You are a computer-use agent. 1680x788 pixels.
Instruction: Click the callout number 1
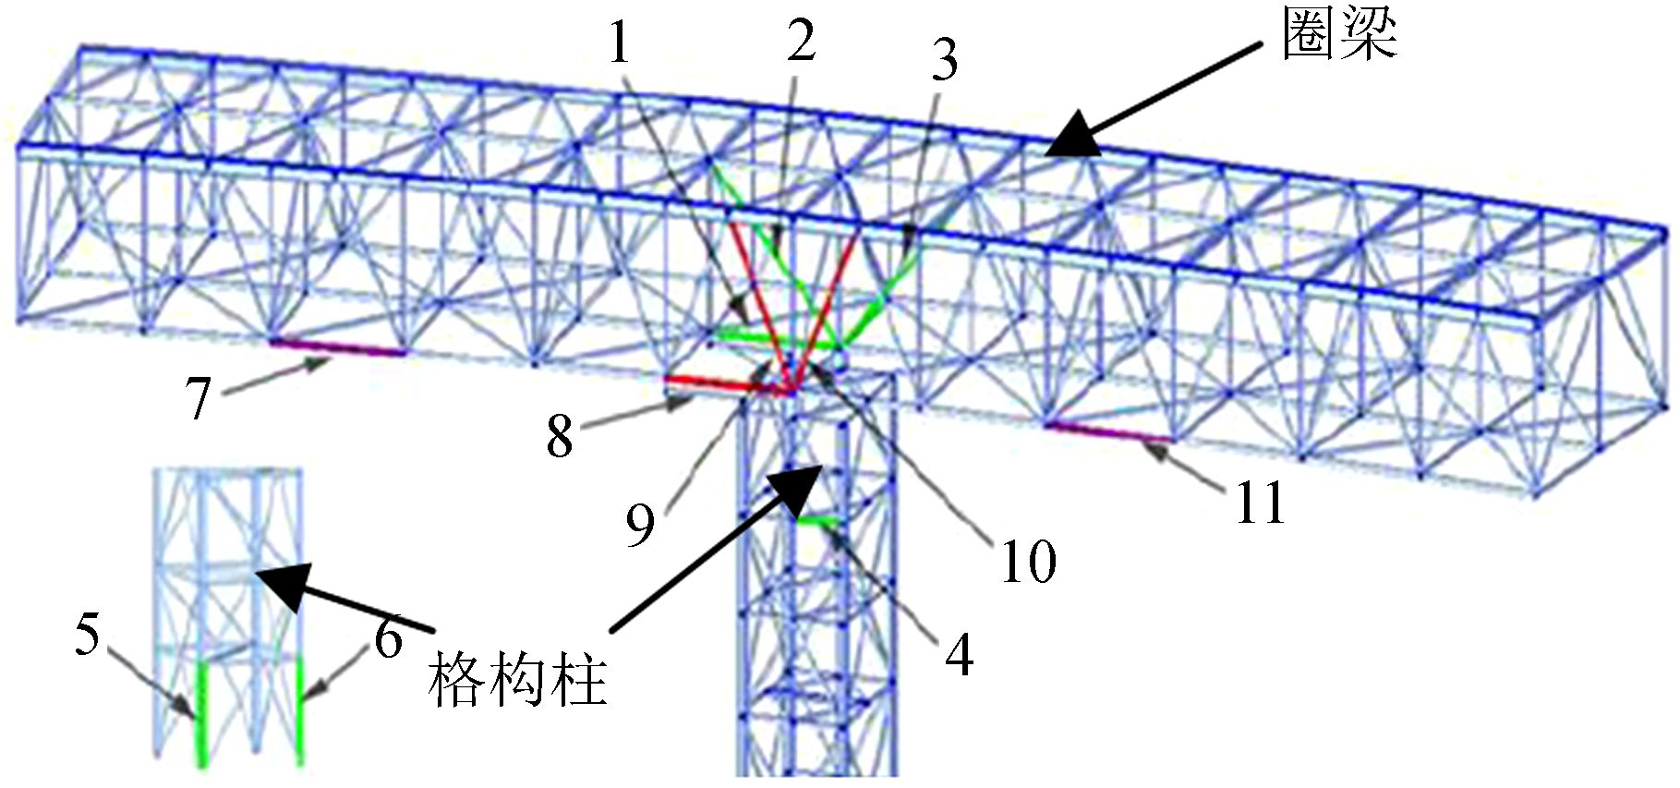pyautogui.click(x=620, y=42)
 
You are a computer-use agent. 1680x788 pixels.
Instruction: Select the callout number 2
pyautogui.click(x=801, y=42)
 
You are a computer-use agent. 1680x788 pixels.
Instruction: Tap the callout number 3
pyautogui.click(x=944, y=61)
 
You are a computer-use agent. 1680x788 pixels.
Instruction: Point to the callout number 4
pyautogui.click(x=959, y=655)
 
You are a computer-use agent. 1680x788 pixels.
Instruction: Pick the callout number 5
pyautogui.click(x=87, y=635)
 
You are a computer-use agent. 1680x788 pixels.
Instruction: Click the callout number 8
pyautogui.click(x=560, y=436)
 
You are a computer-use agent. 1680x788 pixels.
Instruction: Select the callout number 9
pyautogui.click(x=640, y=524)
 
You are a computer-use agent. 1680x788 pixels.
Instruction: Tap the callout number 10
pyautogui.click(x=1028, y=561)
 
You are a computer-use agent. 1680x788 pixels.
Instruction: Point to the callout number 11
pyautogui.click(x=1260, y=503)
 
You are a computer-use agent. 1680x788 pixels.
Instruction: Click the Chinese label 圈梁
pyautogui.click(x=1339, y=37)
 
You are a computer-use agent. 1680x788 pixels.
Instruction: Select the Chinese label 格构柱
pyautogui.click(x=517, y=682)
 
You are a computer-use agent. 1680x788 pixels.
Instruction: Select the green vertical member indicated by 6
pyautogui.click(x=300, y=711)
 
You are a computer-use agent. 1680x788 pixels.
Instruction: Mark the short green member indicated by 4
pyautogui.click(x=817, y=523)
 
